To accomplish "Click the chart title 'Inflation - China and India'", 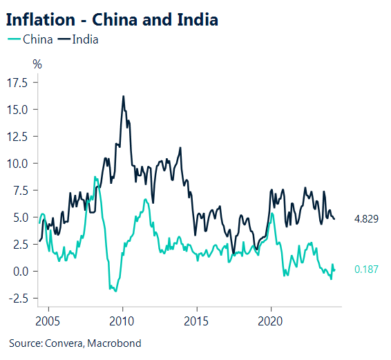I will tap(112, 19).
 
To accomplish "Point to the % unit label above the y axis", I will tap(37, 64).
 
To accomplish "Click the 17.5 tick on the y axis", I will tap(17, 83).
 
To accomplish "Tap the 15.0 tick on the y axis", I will tap(17, 110).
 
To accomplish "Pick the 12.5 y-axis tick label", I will tap(17, 137).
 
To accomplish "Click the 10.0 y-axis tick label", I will tap(17, 164).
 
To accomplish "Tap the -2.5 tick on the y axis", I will tap(18, 299).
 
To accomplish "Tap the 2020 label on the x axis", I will tap(271, 321).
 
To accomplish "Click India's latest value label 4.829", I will tap(367, 219).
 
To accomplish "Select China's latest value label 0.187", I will tap(367, 269).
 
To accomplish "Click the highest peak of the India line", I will tap(123, 97).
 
